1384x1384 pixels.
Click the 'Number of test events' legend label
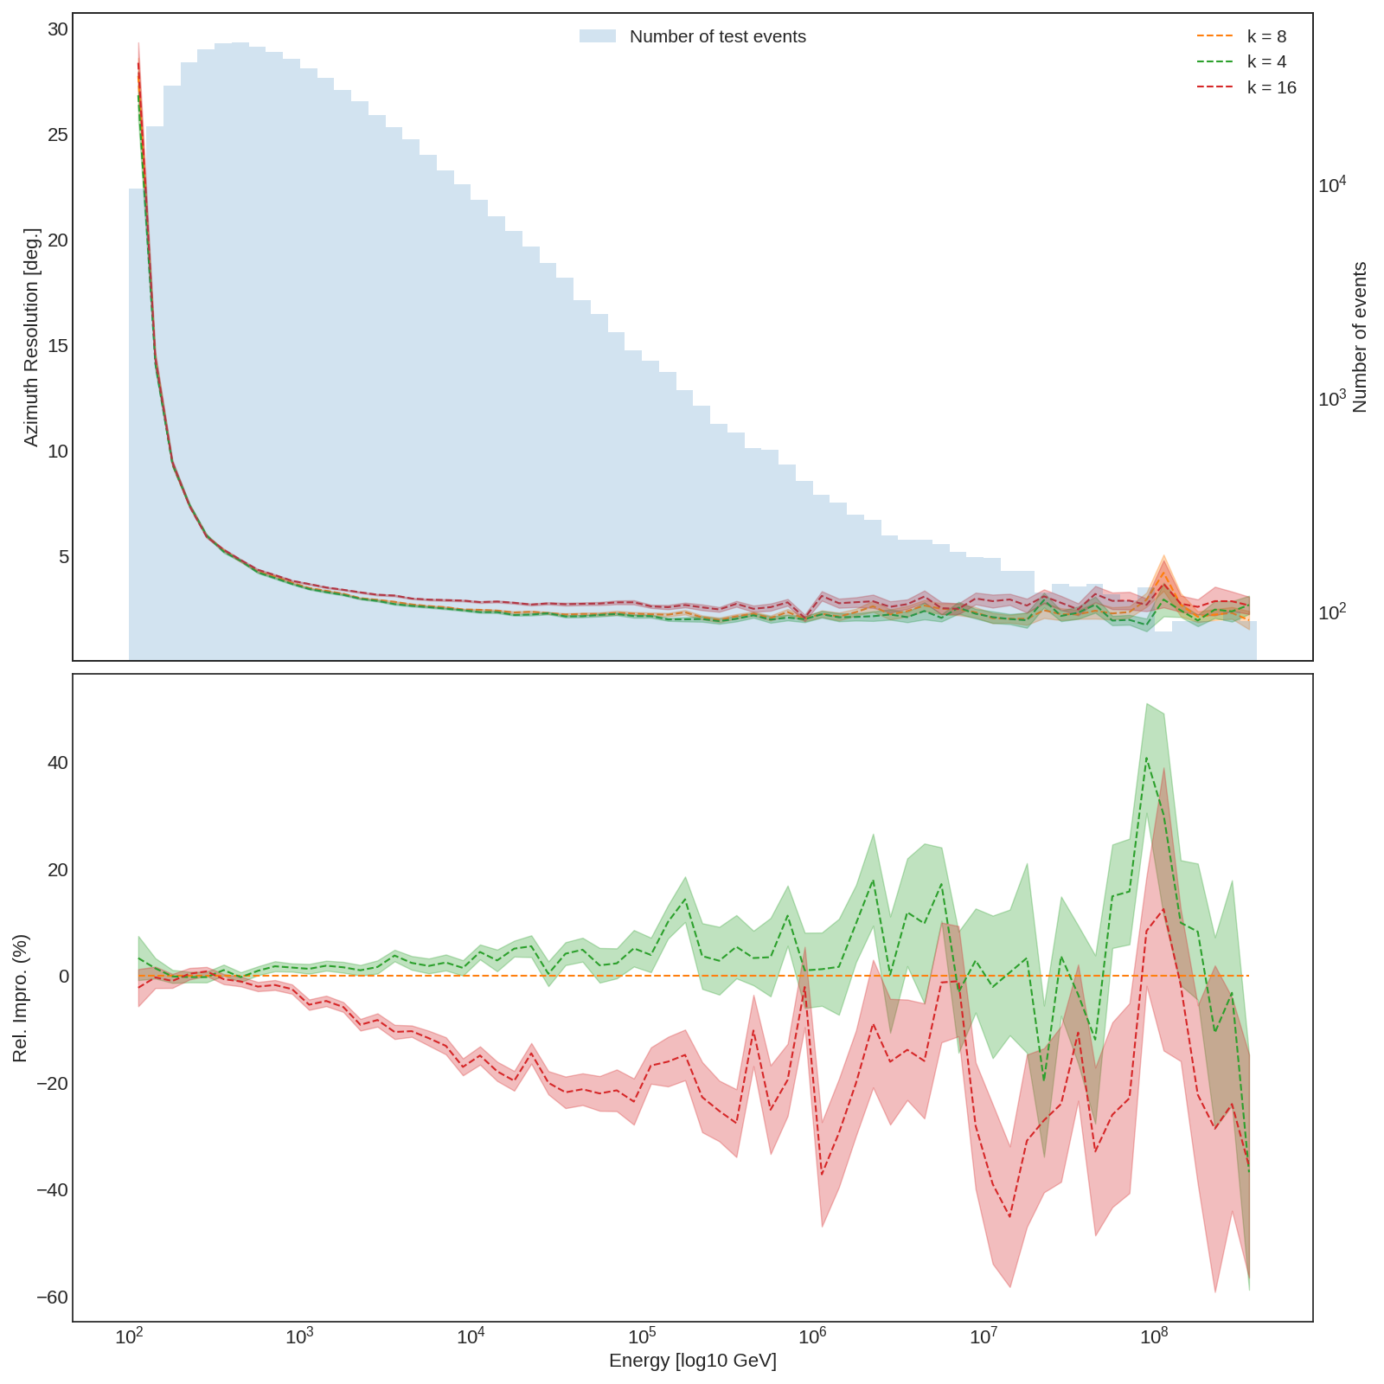click(x=717, y=36)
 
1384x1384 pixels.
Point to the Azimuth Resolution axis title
click(x=31, y=337)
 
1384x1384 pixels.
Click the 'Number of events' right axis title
click(x=1359, y=337)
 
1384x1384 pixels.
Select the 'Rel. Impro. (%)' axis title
click(x=21, y=998)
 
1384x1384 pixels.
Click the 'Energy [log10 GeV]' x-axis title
click(x=692, y=1361)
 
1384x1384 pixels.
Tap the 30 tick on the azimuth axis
click(x=57, y=29)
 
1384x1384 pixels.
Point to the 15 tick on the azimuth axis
click(x=57, y=346)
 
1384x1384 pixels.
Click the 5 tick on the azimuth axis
click(x=63, y=557)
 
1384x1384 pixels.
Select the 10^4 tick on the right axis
click(x=1332, y=184)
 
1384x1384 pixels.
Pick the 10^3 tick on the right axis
click(x=1332, y=398)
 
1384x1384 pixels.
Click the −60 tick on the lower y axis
click(x=52, y=1297)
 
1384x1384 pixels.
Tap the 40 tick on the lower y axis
click(x=57, y=763)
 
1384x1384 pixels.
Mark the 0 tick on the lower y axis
click(x=63, y=977)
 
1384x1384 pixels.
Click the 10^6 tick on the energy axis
click(x=812, y=1337)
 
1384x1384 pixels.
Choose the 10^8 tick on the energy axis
click(x=1154, y=1337)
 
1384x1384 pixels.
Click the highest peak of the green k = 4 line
click(x=1147, y=758)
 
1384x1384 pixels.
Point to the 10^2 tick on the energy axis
click(x=129, y=1337)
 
